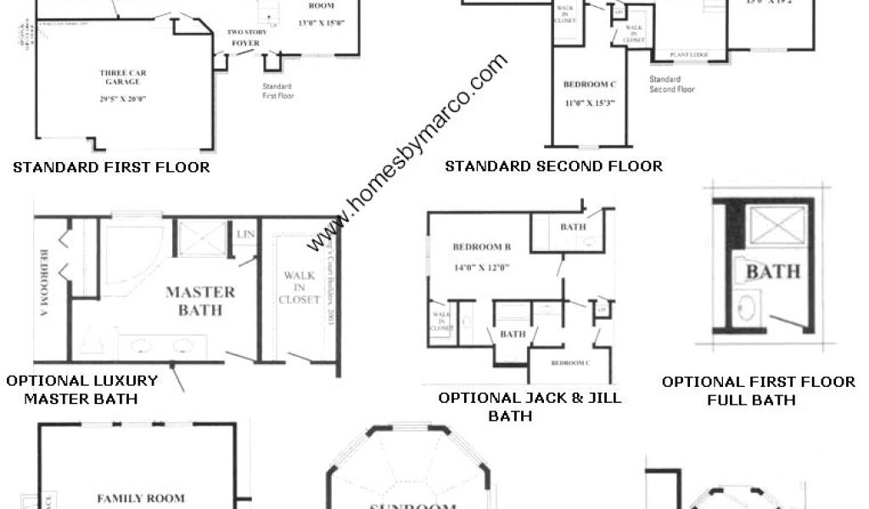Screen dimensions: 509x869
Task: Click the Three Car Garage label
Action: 122,78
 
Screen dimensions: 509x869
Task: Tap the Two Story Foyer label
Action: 246,37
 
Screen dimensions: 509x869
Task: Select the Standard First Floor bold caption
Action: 111,167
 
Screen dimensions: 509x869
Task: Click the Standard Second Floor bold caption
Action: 553,166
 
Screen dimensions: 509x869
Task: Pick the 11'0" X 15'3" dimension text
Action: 588,103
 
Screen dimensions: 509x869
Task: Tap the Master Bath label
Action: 200,301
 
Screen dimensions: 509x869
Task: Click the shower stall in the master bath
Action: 202,237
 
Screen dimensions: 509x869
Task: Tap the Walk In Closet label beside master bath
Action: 301,288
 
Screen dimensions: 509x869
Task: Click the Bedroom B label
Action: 481,248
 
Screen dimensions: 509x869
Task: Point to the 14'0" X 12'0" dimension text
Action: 481,266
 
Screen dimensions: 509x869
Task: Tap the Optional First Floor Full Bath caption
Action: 758,390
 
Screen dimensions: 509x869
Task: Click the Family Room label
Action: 141,498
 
